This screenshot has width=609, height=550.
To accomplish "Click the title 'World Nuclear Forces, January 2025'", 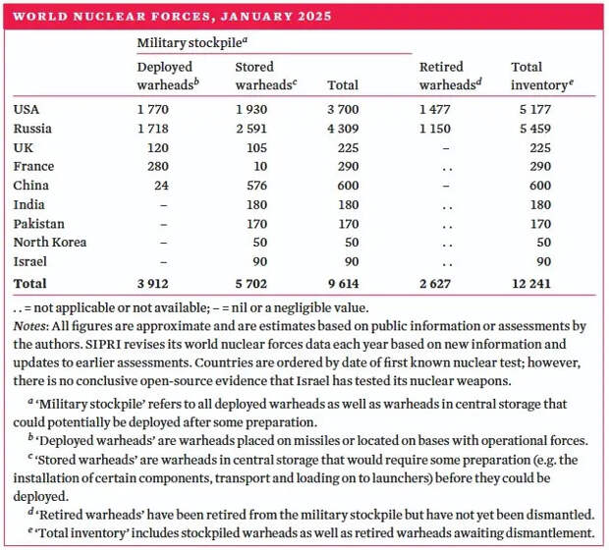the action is point(172,17).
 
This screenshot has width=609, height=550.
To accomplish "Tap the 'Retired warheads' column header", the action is point(451,76).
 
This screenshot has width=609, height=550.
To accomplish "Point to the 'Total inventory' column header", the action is point(542,76).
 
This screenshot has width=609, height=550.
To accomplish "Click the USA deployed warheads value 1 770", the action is point(153,110).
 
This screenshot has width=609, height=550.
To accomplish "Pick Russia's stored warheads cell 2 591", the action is point(251,129).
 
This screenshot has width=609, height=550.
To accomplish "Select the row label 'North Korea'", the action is point(50,243).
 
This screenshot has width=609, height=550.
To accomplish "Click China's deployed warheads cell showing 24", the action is point(161,186).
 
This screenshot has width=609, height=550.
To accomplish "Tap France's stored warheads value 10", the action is point(260,166).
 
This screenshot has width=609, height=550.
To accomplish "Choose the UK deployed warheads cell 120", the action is point(158,147).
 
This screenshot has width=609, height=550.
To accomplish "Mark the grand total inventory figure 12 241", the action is point(531,284).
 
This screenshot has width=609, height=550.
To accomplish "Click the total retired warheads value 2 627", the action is point(435,284).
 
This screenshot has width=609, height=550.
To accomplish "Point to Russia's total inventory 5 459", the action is point(535,129).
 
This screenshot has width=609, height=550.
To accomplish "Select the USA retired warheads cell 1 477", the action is point(435,110).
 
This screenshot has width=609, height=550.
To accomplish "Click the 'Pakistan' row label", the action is point(39,224).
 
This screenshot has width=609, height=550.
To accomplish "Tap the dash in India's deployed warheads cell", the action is point(164,205).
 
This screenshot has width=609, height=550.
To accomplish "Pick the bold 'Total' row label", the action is point(29,284).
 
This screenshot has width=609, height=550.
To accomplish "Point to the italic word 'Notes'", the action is point(29,325).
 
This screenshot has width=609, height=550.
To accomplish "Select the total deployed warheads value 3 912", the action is point(153,284).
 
